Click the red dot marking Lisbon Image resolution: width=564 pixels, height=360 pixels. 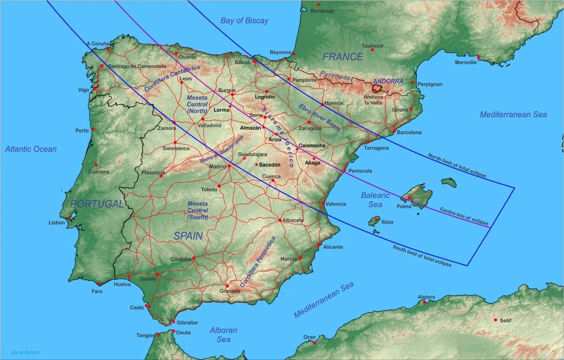70,218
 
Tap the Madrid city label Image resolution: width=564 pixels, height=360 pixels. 217,166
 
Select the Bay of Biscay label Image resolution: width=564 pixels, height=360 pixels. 244,20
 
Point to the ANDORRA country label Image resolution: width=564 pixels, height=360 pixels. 388,81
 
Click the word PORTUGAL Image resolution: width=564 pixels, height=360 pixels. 97,204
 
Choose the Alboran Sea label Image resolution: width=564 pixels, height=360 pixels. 223,334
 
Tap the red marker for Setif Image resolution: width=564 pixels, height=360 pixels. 495,320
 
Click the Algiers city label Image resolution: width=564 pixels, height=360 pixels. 426,297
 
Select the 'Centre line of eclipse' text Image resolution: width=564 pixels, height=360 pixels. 464,216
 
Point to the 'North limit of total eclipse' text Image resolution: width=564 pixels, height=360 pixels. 456,165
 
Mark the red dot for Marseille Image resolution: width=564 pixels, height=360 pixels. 478,57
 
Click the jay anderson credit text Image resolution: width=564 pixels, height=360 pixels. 25,352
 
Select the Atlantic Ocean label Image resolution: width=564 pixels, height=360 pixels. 31,149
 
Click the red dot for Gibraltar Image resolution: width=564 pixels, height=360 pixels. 173,322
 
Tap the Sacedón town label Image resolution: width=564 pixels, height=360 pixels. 269,165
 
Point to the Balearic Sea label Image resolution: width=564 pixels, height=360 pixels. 375,199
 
